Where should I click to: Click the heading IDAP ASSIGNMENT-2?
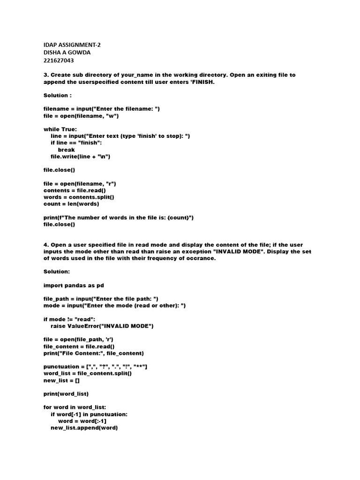click(x=72, y=45)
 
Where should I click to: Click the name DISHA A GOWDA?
click(x=67, y=52)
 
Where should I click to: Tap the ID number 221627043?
click(x=59, y=60)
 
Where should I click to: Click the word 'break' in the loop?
click(x=66, y=150)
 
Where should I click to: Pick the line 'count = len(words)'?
click(x=71, y=204)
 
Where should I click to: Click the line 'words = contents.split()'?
click(x=79, y=197)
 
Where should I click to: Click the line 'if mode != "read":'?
click(x=69, y=319)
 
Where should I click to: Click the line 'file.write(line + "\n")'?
click(x=80, y=157)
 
